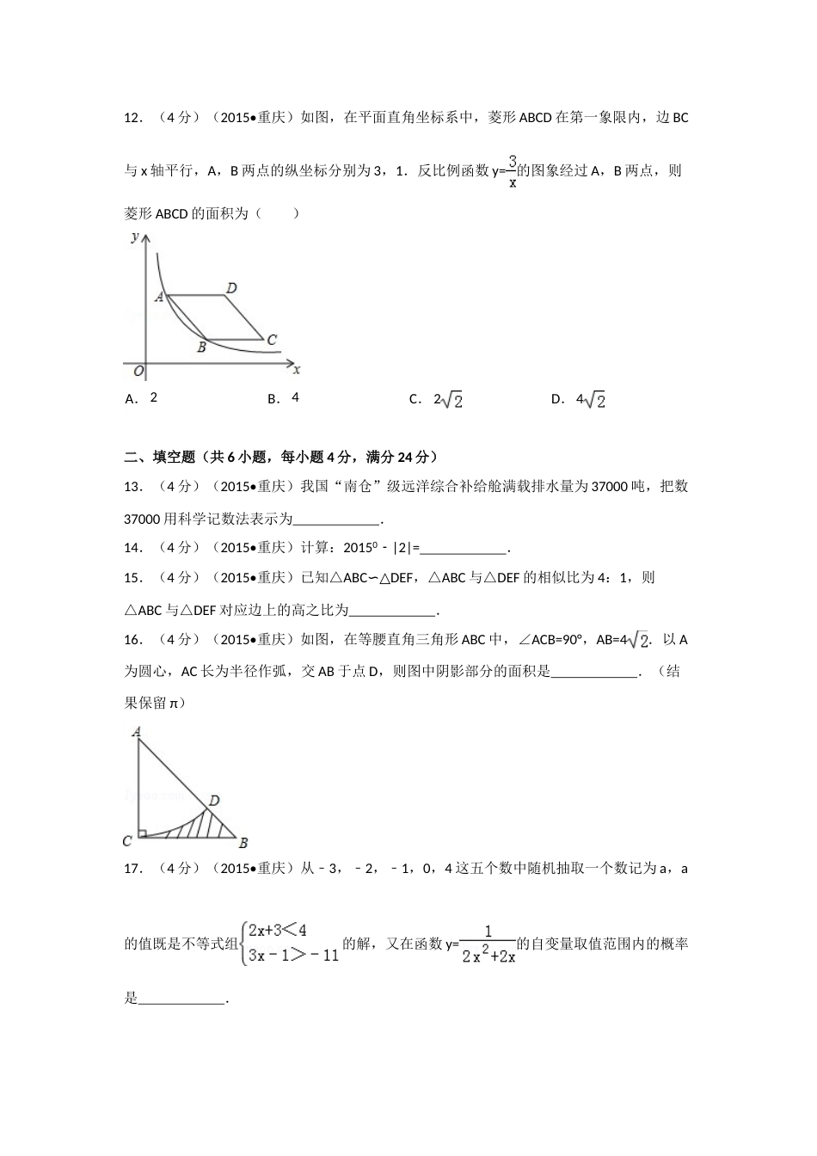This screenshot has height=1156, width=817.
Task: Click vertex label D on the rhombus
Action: click(232, 287)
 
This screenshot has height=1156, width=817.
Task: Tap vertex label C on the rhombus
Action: click(272, 340)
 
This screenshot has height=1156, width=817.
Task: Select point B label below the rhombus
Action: click(201, 347)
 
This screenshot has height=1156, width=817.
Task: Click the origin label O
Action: click(138, 372)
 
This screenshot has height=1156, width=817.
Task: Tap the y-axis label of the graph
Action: click(135, 237)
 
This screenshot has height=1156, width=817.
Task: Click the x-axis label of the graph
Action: click(297, 370)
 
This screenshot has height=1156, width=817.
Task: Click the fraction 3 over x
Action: click(512, 170)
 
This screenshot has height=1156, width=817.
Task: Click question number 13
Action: click(132, 487)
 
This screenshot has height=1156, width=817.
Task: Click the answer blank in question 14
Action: click(464, 549)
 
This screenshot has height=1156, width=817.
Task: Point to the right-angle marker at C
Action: click(142, 833)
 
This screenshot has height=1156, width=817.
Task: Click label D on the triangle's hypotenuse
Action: click(215, 801)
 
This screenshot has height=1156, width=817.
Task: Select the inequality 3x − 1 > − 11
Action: click(293, 955)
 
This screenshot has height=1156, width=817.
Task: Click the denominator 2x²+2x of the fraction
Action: click(488, 956)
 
